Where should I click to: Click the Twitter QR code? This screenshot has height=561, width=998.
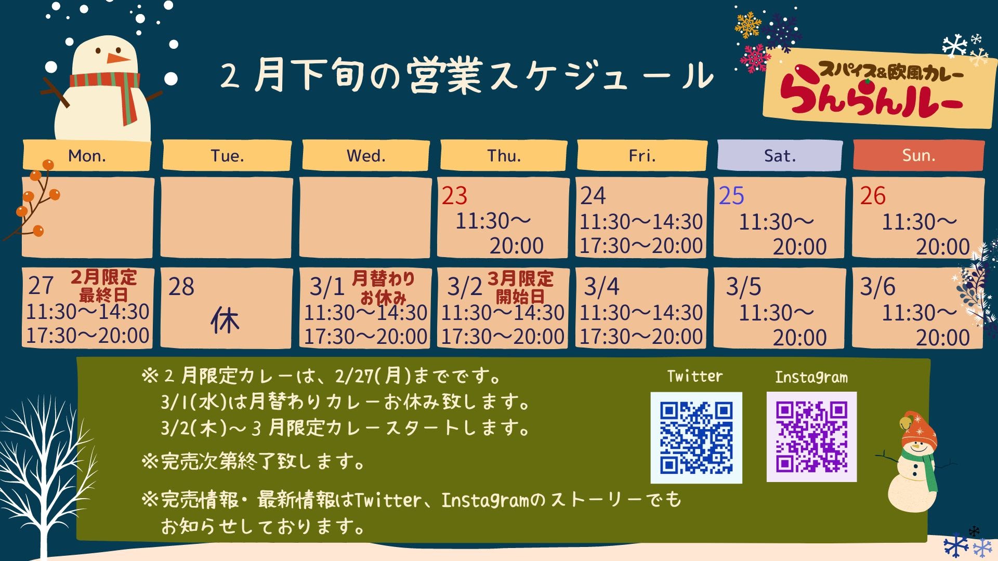696,437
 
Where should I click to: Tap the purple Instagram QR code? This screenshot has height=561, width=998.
811,437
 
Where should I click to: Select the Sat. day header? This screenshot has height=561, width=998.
780,155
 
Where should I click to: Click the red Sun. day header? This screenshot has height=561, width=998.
918,155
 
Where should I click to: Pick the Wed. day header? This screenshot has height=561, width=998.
366,155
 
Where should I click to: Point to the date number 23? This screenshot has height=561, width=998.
454,196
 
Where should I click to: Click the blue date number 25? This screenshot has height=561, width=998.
731,196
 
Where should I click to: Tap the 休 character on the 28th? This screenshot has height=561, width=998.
225,320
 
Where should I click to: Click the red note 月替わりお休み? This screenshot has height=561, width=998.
384,287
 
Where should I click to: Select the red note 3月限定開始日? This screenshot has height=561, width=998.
520,287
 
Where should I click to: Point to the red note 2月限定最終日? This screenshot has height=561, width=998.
104,286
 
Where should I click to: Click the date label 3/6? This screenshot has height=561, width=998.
877,287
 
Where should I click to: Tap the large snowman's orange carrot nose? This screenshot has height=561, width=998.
119,58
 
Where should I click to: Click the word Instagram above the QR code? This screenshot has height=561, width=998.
811,377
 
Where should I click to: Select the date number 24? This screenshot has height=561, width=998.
593,196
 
